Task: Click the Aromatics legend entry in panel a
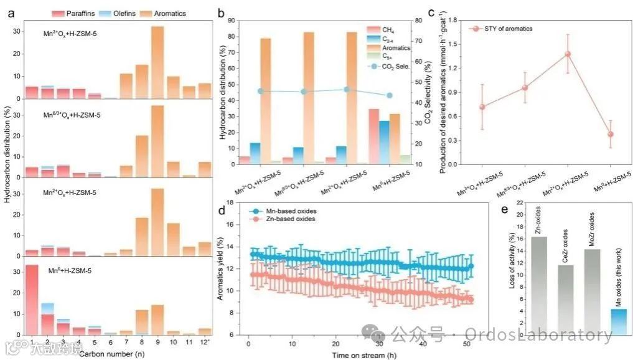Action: [157, 13]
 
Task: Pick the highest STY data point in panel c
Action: [567, 54]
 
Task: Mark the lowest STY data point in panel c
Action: [611, 134]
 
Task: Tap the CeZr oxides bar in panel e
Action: [558, 300]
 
